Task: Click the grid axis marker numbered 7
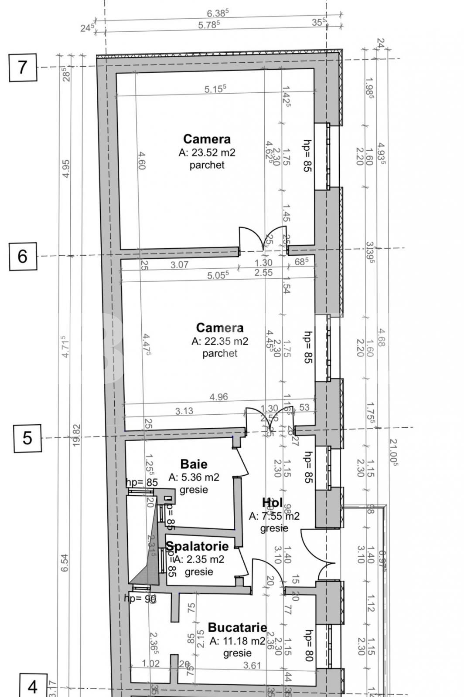pos(23,68)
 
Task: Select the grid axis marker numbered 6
pos(23,256)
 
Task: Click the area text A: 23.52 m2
pos(207,152)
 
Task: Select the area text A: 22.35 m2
pos(220,341)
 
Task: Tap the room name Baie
pos(194,464)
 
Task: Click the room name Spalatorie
pos(197,546)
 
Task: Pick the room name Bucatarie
pos(237,627)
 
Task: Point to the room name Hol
pos(272,502)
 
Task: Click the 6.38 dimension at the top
pos(218,14)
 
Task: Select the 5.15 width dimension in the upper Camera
pos(215,89)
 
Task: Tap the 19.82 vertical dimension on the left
pos(76,435)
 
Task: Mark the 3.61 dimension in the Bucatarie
pos(252,665)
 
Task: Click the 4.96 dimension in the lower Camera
pos(218,397)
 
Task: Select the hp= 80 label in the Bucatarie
pos(308,645)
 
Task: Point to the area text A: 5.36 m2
pos(194,477)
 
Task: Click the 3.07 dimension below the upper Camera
pos(179,264)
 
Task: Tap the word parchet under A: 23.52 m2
pos(207,165)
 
